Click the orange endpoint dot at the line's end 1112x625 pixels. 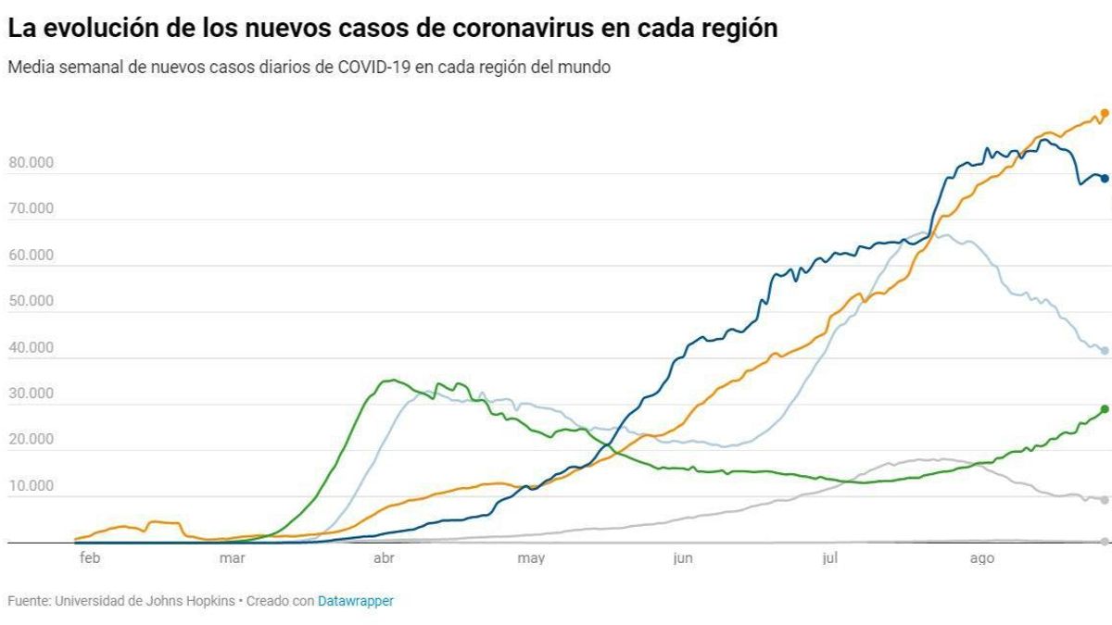(1104, 114)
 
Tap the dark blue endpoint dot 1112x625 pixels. (1104, 179)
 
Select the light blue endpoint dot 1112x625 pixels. (1104, 351)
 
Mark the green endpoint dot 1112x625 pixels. (1104, 409)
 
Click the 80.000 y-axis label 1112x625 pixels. (31, 163)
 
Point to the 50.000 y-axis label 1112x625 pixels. (31, 302)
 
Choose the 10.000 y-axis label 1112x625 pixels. (31, 486)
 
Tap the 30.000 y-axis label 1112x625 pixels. (31, 394)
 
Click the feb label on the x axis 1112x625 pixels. (89, 558)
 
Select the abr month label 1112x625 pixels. (383, 558)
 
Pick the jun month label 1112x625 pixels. (682, 558)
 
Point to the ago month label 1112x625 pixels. (981, 558)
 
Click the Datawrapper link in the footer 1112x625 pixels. (355, 602)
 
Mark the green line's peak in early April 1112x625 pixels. (393, 380)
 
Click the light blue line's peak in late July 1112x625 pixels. (927, 232)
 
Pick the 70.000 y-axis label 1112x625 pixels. (31, 209)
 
